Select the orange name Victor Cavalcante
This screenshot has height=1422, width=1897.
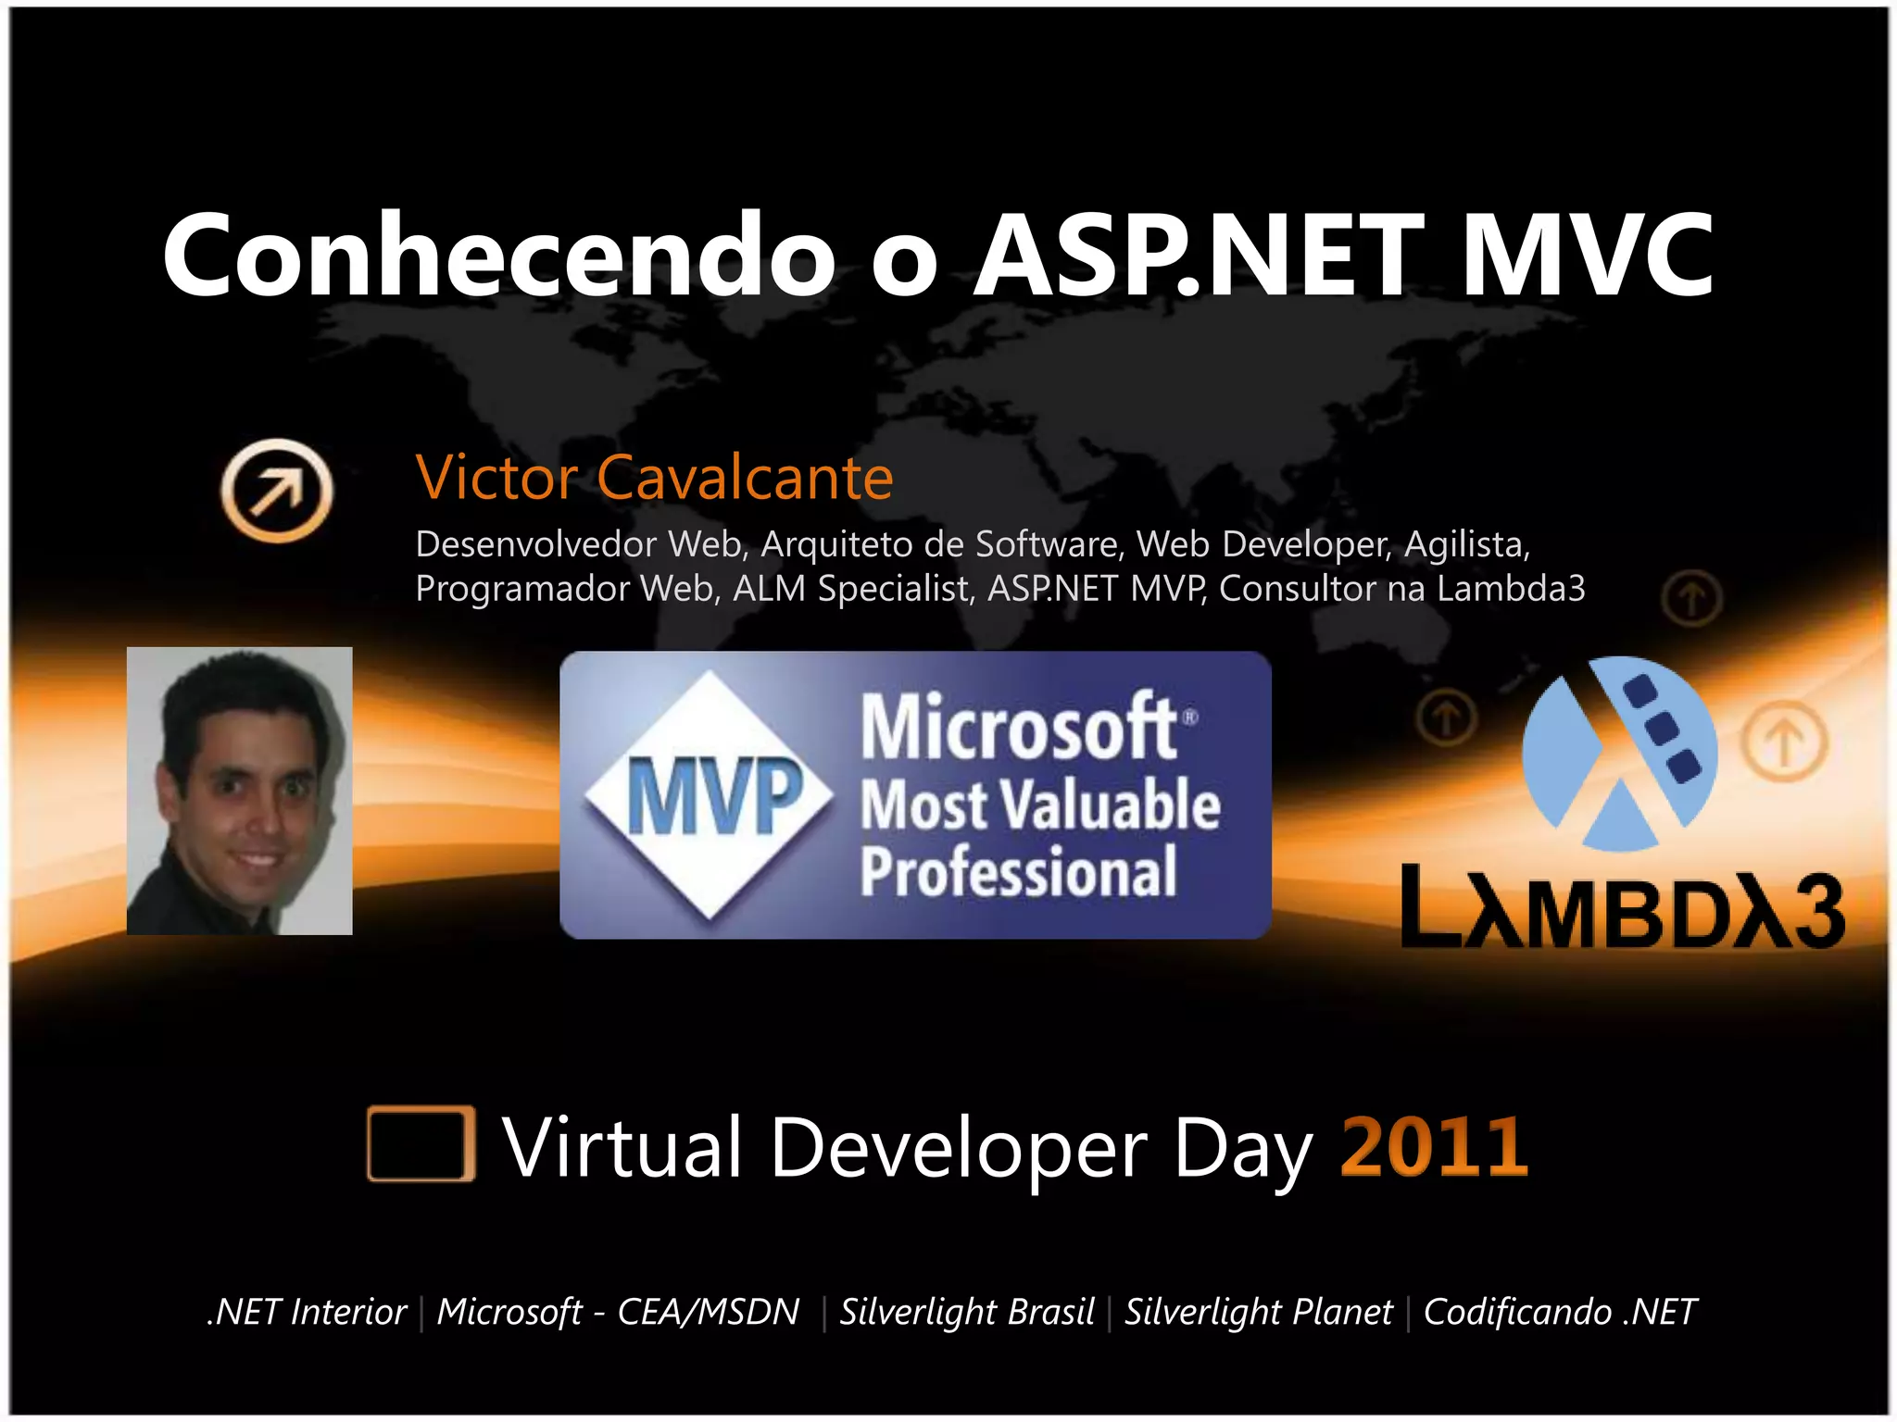(654, 478)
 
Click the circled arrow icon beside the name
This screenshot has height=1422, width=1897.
(277, 489)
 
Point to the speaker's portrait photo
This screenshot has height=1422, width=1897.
(239, 791)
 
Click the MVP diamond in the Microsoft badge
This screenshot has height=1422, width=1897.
(710, 794)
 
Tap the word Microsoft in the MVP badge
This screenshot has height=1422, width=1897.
(1019, 728)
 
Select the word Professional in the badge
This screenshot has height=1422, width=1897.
(1018, 871)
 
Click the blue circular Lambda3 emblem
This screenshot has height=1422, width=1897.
(1620, 754)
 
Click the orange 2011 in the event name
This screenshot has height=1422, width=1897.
(1433, 1146)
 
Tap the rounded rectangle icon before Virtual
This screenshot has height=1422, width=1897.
(421, 1143)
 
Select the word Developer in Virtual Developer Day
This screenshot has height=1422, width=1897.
(959, 1148)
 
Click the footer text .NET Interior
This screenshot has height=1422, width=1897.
(308, 1312)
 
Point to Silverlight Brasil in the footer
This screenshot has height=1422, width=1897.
(966, 1312)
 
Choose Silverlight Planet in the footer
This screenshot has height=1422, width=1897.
(1258, 1312)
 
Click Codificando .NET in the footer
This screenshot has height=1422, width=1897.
(1559, 1312)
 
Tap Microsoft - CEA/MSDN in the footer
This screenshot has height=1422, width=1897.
(618, 1312)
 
